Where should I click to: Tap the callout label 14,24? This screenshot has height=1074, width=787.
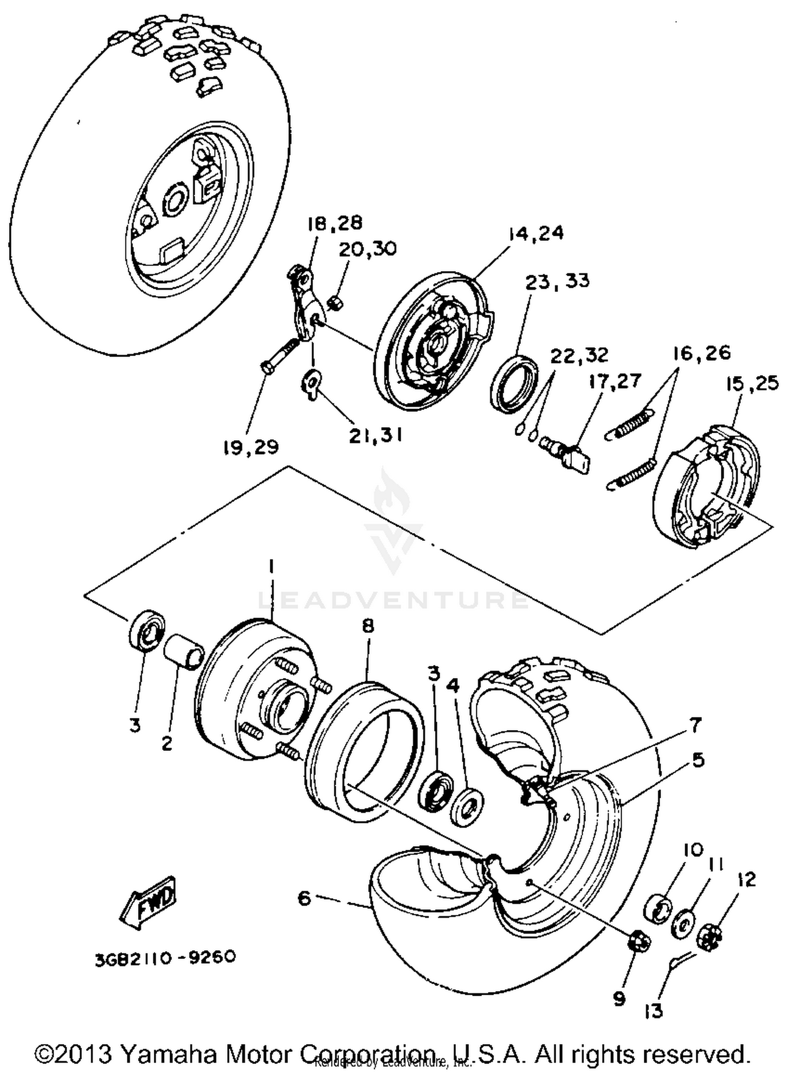coord(535,233)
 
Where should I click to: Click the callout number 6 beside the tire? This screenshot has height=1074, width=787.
coord(304,898)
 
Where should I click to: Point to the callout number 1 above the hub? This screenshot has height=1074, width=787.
coord(271,567)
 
